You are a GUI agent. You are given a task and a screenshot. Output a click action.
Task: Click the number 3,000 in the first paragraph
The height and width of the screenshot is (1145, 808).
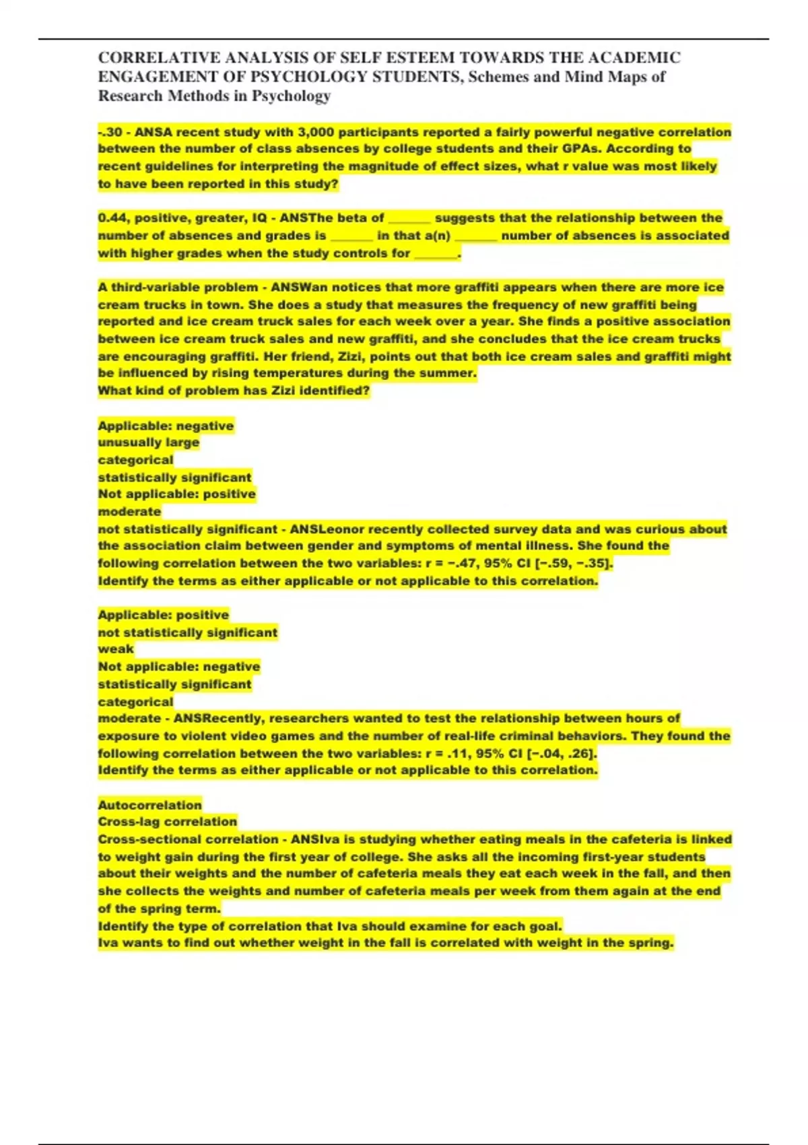[x=316, y=132]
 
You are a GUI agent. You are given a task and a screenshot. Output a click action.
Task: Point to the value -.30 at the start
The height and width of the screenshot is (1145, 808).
[x=110, y=132]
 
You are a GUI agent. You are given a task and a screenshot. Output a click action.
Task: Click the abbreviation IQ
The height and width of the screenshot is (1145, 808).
[x=259, y=218]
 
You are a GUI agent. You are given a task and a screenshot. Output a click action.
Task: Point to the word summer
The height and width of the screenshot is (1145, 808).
[x=453, y=373]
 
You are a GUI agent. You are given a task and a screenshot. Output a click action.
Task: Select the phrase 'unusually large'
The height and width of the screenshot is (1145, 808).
[x=148, y=443]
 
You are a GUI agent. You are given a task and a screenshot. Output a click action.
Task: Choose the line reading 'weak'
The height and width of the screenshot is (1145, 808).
[x=115, y=649]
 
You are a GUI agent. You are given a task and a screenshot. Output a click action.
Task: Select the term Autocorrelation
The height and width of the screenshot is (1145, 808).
[x=149, y=805]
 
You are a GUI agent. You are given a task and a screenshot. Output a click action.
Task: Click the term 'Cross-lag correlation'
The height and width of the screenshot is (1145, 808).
[x=167, y=822]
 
